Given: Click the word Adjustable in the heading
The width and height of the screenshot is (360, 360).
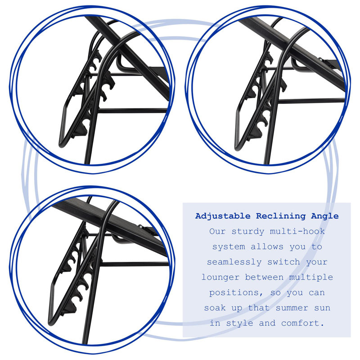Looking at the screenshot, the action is [222, 216].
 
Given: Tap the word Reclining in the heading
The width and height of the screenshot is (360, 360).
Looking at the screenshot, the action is [281, 216].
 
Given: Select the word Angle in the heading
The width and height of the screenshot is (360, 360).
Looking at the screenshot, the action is [324, 216].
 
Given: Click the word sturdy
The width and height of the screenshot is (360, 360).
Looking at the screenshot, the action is [248, 232].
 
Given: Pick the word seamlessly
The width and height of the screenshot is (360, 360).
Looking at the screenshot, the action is [234, 262].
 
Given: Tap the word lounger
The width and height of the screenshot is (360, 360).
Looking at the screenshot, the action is [220, 278].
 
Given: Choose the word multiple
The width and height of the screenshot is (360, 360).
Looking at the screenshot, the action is [311, 277].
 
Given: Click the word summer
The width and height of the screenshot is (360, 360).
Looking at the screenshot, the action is [292, 308].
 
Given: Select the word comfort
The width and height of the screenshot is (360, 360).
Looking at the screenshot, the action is [303, 323].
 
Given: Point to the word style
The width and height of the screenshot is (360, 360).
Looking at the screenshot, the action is [239, 324].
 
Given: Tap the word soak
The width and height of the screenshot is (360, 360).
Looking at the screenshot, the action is [215, 308].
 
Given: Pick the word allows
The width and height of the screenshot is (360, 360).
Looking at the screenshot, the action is [267, 247].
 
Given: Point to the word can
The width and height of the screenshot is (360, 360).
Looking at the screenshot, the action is [317, 293].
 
